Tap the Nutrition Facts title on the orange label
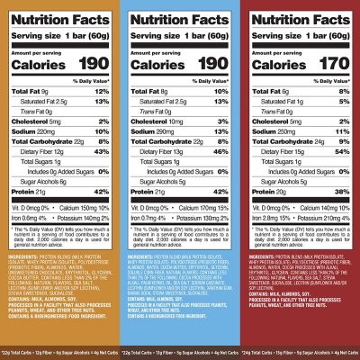tap(60, 13)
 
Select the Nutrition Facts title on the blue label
tap(180, 13)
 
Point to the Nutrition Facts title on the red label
tap(300, 13)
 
